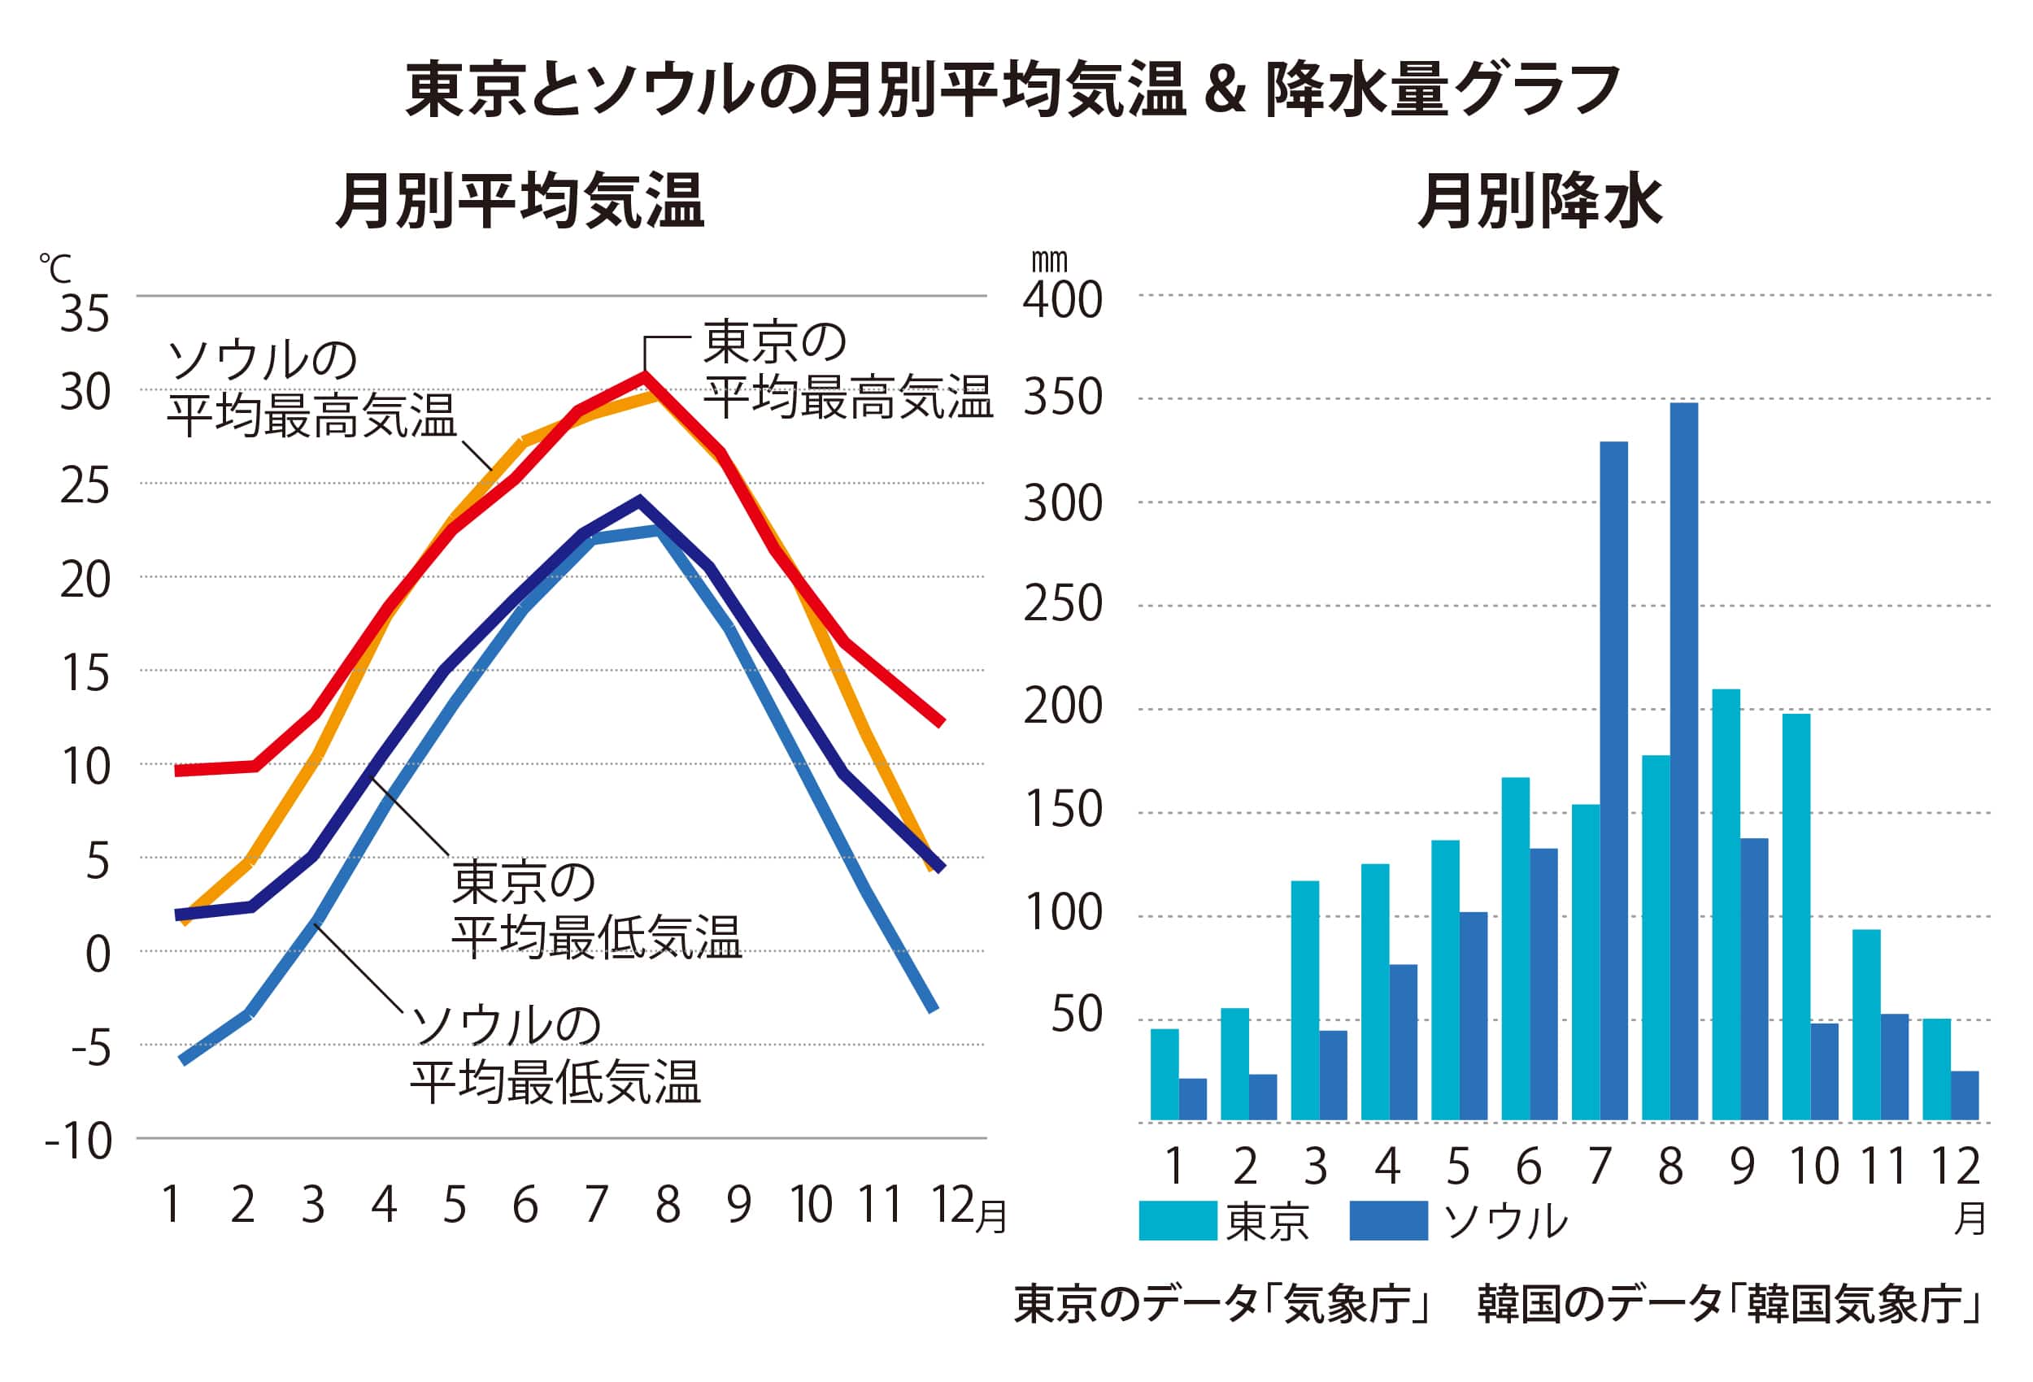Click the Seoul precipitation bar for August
(1683, 761)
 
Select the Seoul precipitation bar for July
(1613, 780)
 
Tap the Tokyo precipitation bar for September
(1725, 905)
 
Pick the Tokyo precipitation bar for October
(1796, 917)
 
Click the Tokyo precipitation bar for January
(1165, 1074)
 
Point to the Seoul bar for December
(1965, 1095)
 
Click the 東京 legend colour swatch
(1178, 1221)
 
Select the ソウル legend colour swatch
(1388, 1221)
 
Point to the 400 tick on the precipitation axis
(1062, 300)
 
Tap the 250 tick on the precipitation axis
(1062, 603)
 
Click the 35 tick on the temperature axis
(85, 313)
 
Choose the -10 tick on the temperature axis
(79, 1141)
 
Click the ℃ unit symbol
(55, 268)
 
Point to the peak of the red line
(645, 377)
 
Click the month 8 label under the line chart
(668, 1206)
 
